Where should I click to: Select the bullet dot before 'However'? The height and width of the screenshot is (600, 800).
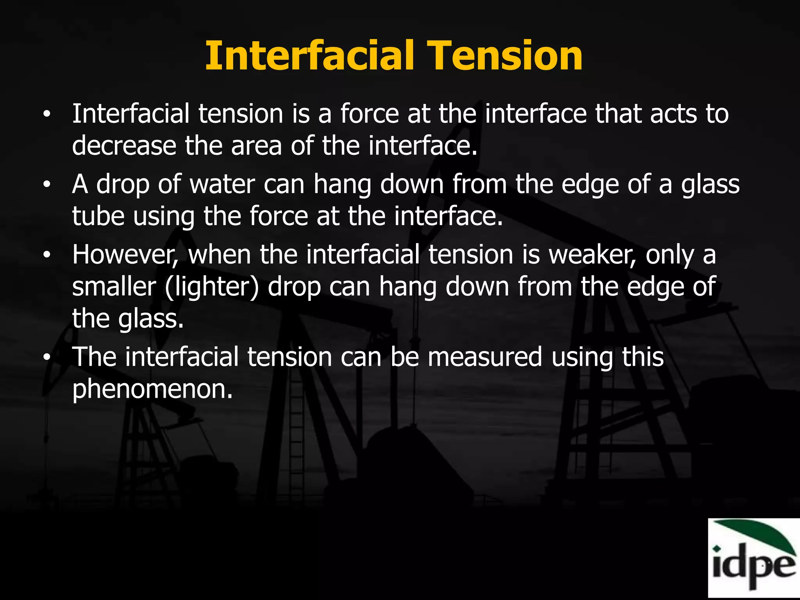(47, 255)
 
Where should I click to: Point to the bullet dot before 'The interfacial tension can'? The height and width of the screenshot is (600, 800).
(47, 357)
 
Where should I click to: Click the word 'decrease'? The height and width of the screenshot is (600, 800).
(124, 146)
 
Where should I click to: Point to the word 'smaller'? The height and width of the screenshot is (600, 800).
(114, 287)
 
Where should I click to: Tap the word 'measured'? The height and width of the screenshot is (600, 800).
(485, 357)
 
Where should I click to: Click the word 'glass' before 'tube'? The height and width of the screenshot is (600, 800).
(710, 185)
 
